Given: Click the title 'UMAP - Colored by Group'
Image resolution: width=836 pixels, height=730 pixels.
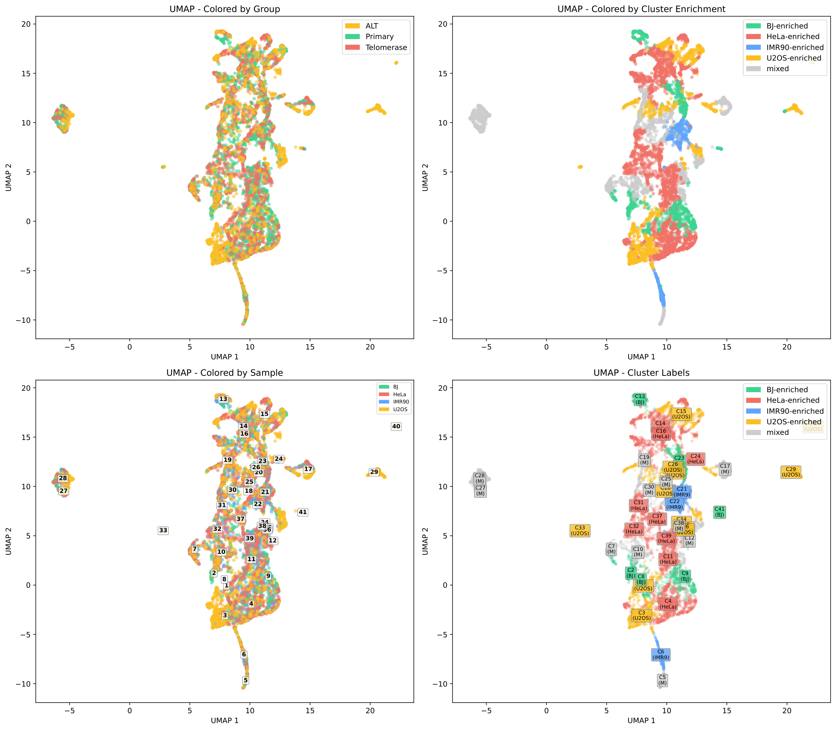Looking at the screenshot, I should pyautogui.click(x=225, y=9).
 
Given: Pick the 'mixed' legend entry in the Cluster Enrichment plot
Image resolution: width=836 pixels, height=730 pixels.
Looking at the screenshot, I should pyautogui.click(x=777, y=69).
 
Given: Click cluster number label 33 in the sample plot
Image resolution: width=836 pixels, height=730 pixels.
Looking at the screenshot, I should pyautogui.click(x=163, y=530).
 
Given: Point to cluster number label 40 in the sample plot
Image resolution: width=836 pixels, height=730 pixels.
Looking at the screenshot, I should pyautogui.click(x=396, y=426).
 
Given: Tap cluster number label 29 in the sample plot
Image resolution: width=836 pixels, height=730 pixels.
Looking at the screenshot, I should pyautogui.click(x=374, y=472).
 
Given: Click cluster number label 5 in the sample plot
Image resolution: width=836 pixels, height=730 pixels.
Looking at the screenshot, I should pyautogui.click(x=245, y=680).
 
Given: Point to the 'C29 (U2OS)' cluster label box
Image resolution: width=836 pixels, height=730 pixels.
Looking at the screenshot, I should pyautogui.click(x=790, y=472).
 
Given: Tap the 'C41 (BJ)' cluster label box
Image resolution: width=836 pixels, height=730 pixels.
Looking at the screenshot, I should pyautogui.click(x=719, y=512).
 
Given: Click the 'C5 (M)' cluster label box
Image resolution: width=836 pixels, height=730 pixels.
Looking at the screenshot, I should pyautogui.click(x=662, y=680).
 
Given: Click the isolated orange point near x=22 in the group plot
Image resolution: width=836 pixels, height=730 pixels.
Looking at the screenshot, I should pyautogui.click(x=396, y=63).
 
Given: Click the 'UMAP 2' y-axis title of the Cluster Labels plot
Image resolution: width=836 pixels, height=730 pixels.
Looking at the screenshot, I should pyautogui.click(x=425, y=541).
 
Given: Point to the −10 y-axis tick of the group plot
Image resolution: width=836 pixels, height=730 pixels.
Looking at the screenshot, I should pyautogui.click(x=23, y=320).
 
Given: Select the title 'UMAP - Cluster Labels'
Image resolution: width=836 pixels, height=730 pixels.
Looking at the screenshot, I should pyautogui.click(x=641, y=373).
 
